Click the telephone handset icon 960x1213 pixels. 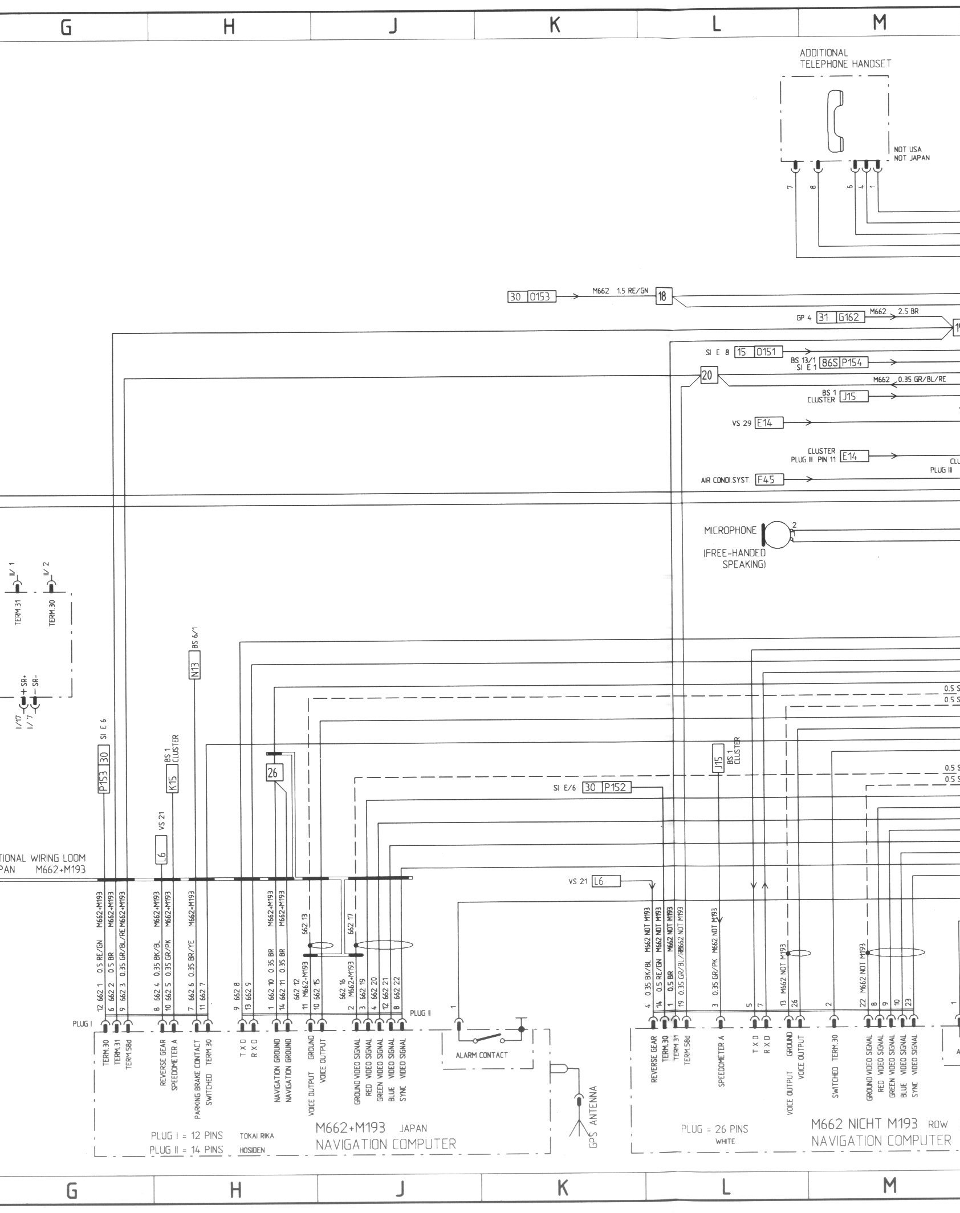[836, 122]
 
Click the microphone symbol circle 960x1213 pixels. [776, 534]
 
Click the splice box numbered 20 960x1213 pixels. [707, 376]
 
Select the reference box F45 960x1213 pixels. [768, 479]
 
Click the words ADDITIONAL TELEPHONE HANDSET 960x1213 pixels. [845, 59]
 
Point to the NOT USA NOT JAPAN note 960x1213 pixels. [912, 154]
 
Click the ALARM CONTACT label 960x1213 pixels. [481, 1055]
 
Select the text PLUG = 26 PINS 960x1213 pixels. [714, 1129]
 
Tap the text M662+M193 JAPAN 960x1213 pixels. [371, 1128]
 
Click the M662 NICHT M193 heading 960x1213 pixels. [864, 1124]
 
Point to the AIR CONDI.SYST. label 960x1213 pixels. [726, 480]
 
